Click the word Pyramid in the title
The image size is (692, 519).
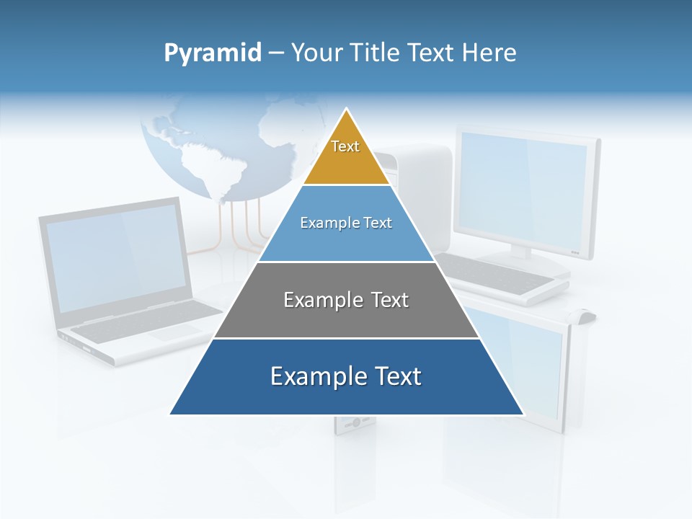pos(213,53)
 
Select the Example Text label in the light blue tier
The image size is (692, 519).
pos(346,223)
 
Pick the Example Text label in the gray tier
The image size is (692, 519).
pos(346,300)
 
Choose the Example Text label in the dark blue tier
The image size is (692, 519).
pos(346,376)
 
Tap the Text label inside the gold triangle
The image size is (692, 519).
pos(345,146)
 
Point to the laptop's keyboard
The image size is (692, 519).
pos(144,321)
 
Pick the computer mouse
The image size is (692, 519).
pos(584,315)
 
